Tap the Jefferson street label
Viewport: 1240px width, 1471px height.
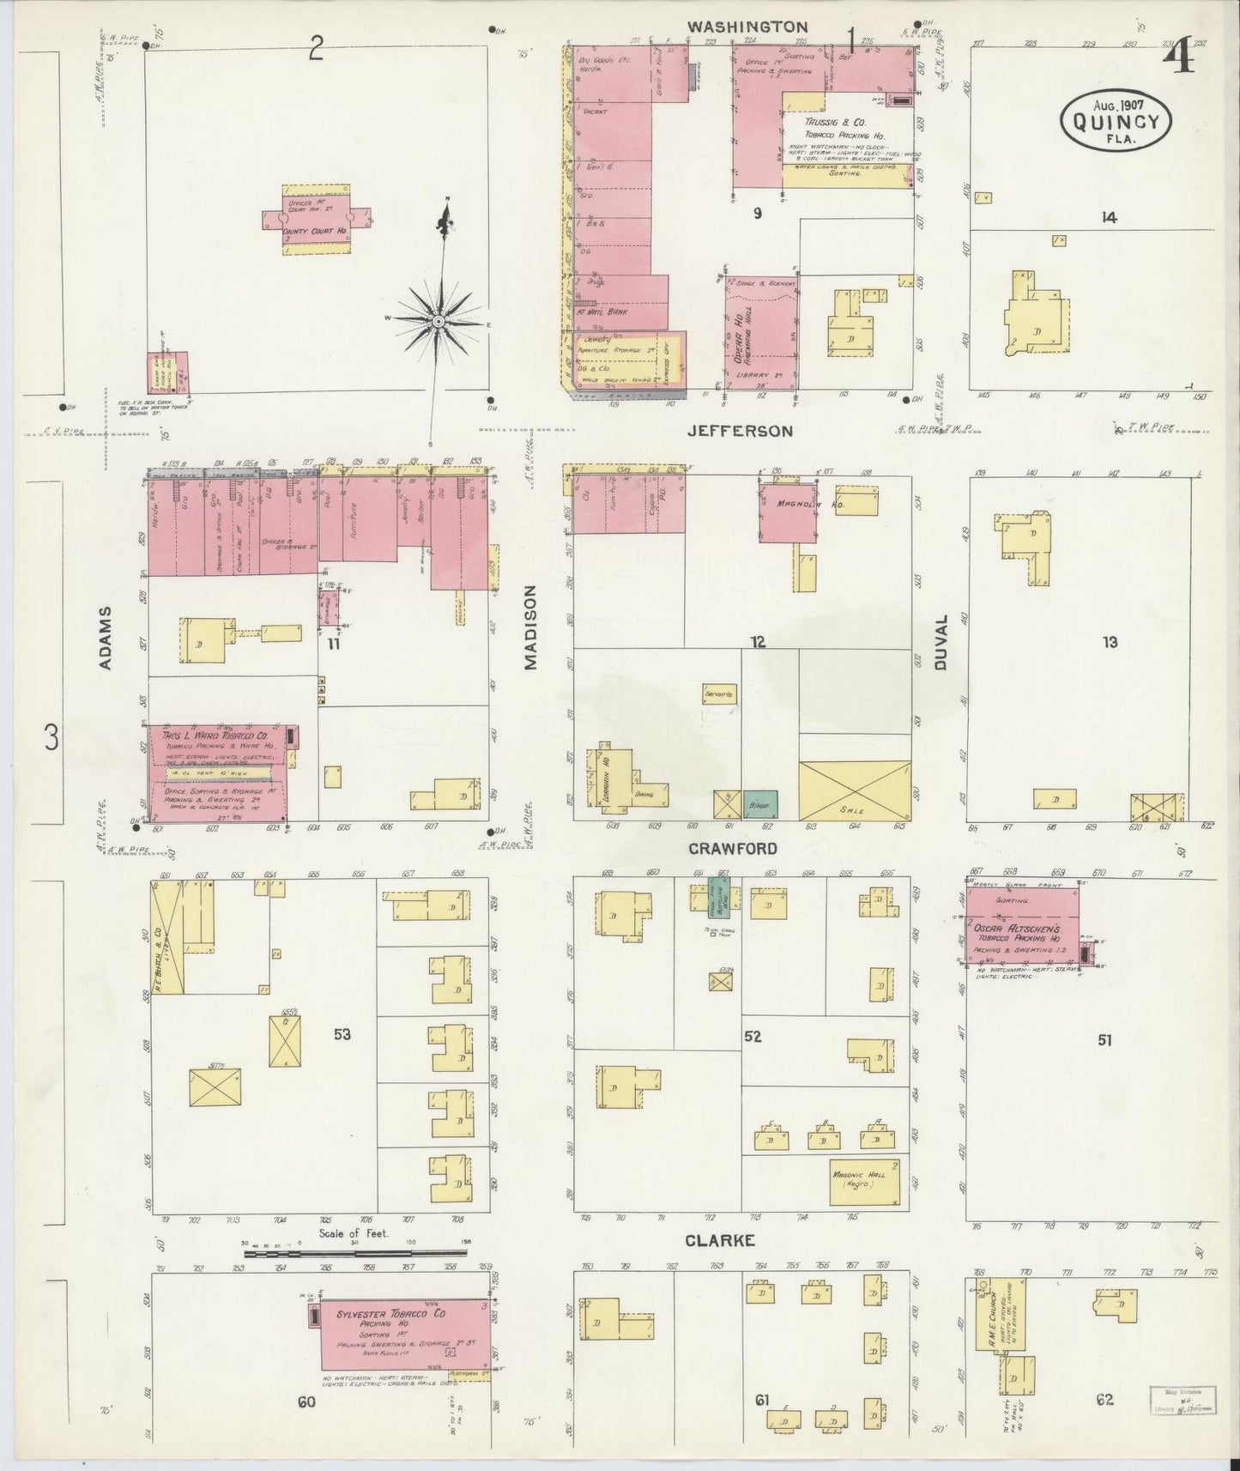point(740,431)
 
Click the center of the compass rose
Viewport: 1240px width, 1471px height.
point(438,321)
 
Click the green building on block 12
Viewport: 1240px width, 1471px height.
point(759,804)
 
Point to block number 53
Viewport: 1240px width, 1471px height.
point(342,1035)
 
